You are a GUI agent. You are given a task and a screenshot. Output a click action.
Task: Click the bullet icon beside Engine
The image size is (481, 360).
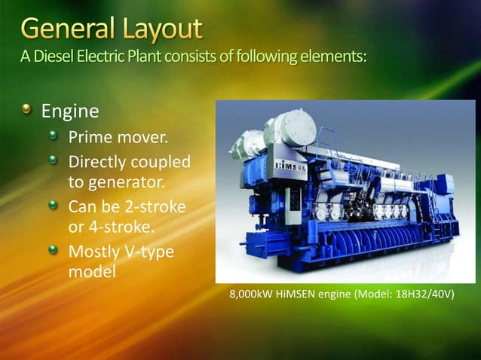tap(28, 111)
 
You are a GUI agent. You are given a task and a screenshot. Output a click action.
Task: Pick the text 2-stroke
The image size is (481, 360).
tap(155, 205)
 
